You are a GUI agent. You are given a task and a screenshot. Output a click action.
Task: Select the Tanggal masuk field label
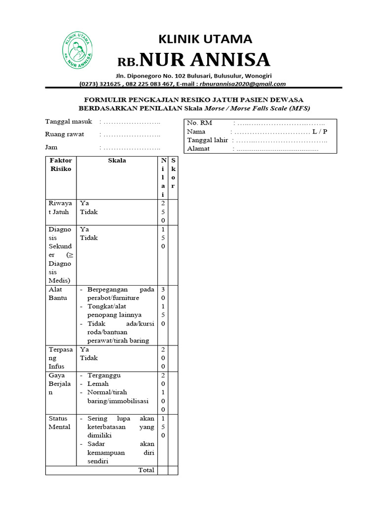pyautogui.click(x=69, y=122)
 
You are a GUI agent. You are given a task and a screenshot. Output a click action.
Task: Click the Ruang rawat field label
pyautogui.click(x=65, y=134)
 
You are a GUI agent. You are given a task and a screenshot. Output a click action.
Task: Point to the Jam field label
pyautogui.click(x=51, y=147)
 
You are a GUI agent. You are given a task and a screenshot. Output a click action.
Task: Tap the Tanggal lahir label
pyautogui.click(x=207, y=140)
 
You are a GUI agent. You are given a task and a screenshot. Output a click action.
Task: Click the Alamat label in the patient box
pyautogui.click(x=198, y=148)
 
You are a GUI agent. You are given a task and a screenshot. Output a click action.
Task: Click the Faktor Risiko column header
pyautogui.click(x=60, y=165)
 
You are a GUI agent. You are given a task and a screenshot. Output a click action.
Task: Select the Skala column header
pyautogui.click(x=117, y=161)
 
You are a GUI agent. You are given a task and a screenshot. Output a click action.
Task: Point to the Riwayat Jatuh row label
pyautogui.click(x=60, y=208)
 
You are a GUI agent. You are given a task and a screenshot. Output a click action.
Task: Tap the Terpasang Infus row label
pyautogui.click(x=60, y=358)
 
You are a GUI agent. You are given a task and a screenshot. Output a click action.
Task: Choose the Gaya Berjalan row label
pyautogui.click(x=60, y=383)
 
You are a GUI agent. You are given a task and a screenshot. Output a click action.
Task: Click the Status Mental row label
pyautogui.click(x=59, y=422)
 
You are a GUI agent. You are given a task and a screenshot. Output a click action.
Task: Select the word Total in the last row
pyautogui.click(x=146, y=470)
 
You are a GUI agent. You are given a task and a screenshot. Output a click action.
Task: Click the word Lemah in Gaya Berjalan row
pyautogui.click(x=98, y=383)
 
